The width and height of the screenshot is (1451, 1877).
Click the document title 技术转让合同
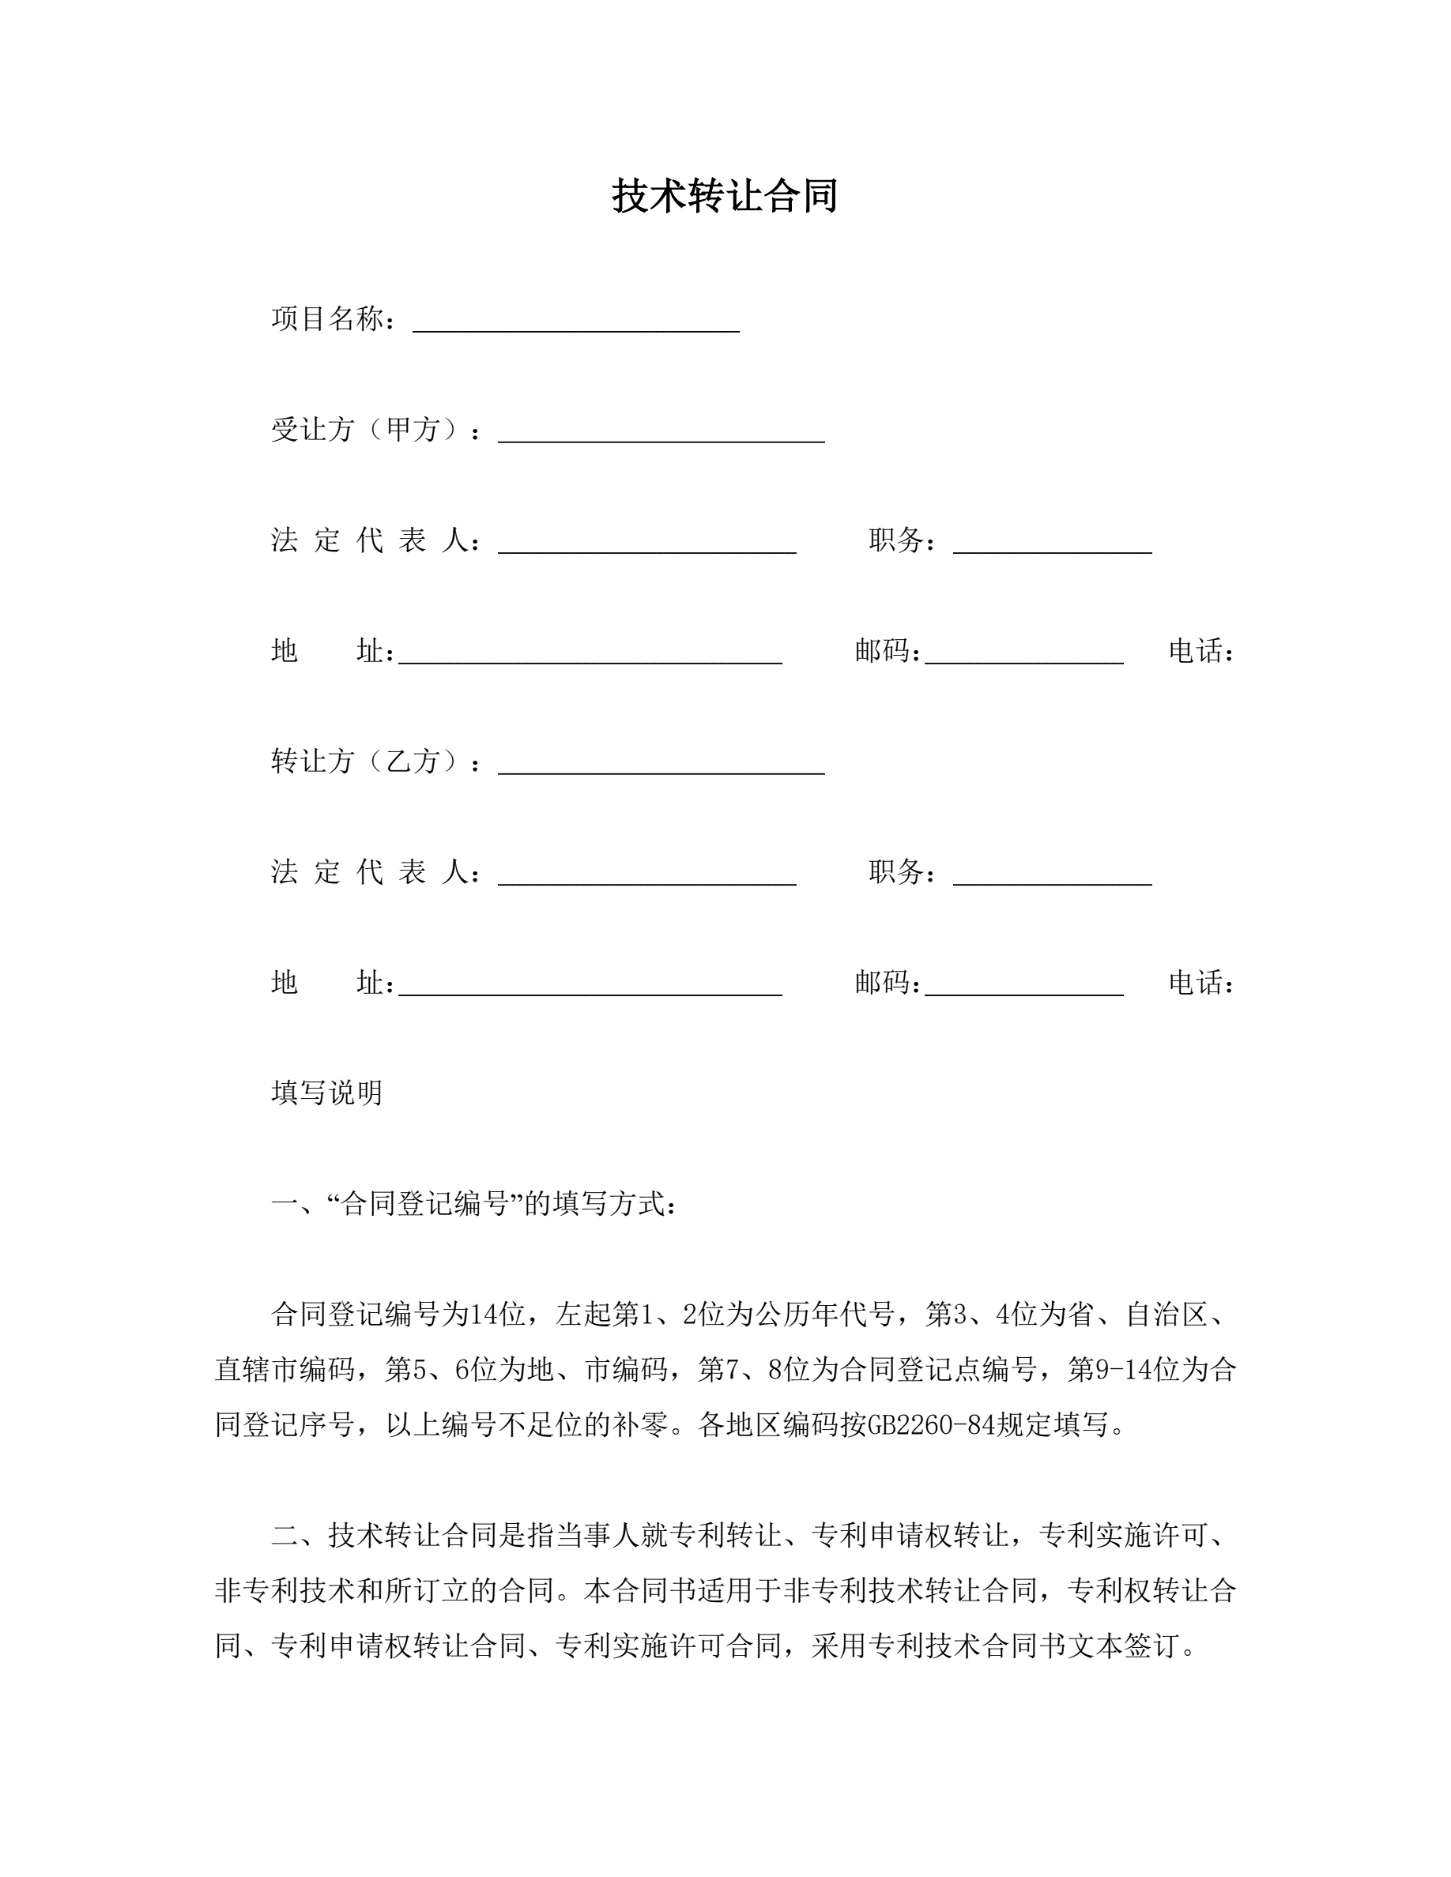coord(725,196)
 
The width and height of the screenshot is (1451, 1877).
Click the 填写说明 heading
coord(327,1093)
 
